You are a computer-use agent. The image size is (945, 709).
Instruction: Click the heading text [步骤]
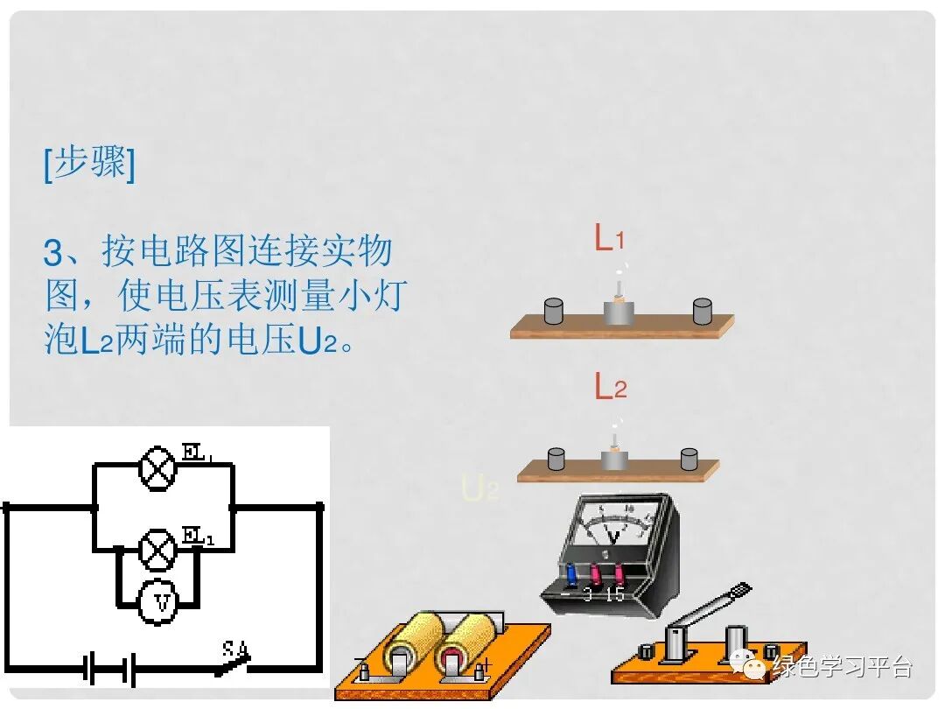point(89,165)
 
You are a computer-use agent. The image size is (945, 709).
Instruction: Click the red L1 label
point(609,238)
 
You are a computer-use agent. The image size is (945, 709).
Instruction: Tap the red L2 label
point(610,386)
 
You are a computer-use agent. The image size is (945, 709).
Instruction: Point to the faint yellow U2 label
point(479,488)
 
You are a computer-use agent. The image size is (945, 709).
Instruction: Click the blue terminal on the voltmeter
point(571,574)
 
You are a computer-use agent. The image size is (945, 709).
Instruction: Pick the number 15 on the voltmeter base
point(614,594)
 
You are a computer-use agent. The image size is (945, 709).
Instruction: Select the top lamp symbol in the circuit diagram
point(158,467)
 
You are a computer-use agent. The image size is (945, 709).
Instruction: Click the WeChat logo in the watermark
point(751,666)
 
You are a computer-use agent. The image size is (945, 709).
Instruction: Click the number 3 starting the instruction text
point(54,254)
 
